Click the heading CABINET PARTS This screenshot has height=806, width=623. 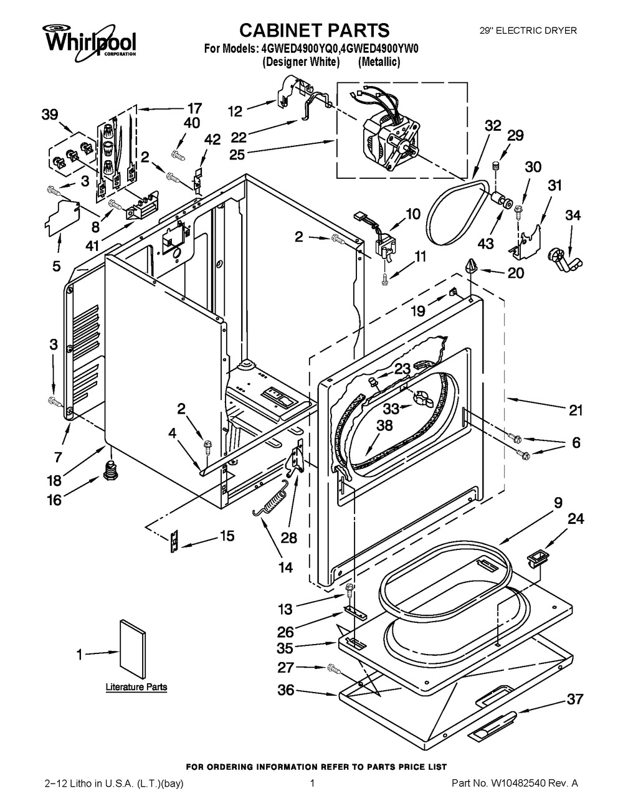coord(315,29)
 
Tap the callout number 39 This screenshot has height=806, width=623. coord(50,115)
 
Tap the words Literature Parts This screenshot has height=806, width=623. coord(136,687)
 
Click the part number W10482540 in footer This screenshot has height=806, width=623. coord(530,783)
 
